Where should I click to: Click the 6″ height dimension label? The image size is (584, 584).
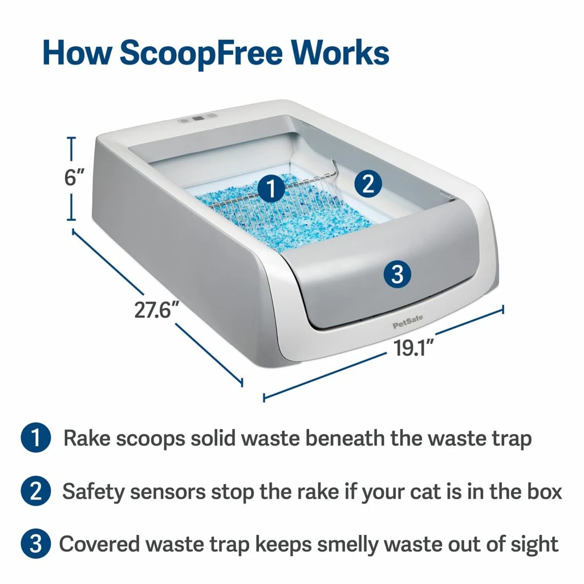pyautogui.click(x=74, y=177)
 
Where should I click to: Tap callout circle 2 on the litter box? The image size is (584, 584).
pyautogui.click(x=368, y=183)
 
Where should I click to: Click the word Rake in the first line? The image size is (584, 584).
pyautogui.click(x=86, y=439)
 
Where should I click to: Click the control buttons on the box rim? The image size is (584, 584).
pyautogui.click(x=197, y=120)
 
